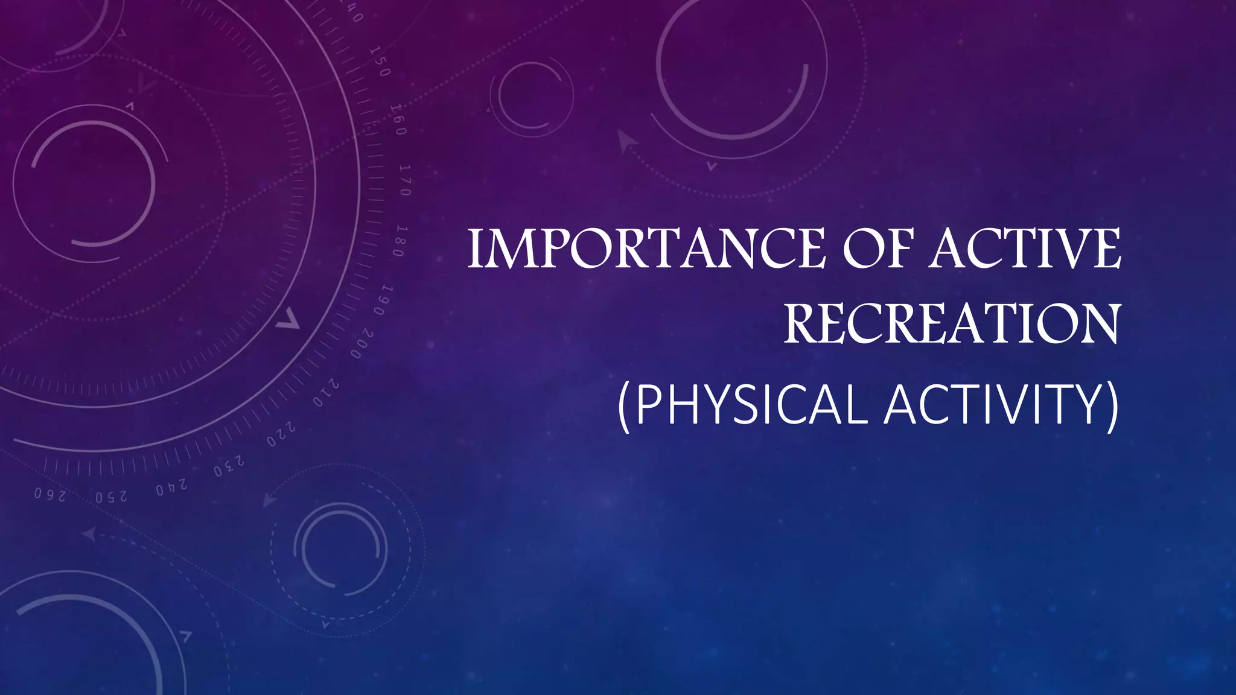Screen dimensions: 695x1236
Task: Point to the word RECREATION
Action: pyautogui.click(x=952, y=324)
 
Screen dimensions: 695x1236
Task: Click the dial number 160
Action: pyautogui.click(x=398, y=119)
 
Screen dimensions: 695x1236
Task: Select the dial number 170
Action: pyautogui.click(x=406, y=180)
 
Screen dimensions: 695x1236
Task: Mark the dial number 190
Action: pyautogui.click(x=384, y=300)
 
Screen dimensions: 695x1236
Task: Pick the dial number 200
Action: pyautogui.click(x=362, y=344)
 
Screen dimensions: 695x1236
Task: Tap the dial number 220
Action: pyautogui.click(x=281, y=434)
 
